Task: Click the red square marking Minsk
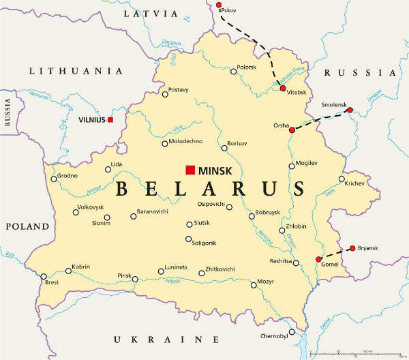(190, 170)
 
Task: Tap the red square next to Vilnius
(110, 120)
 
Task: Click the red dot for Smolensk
(350, 110)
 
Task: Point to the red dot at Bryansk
(352, 248)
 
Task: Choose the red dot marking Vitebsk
(282, 88)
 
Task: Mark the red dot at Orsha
(292, 130)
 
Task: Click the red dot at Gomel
(318, 259)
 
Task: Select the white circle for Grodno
(54, 179)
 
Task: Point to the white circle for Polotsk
(233, 72)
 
